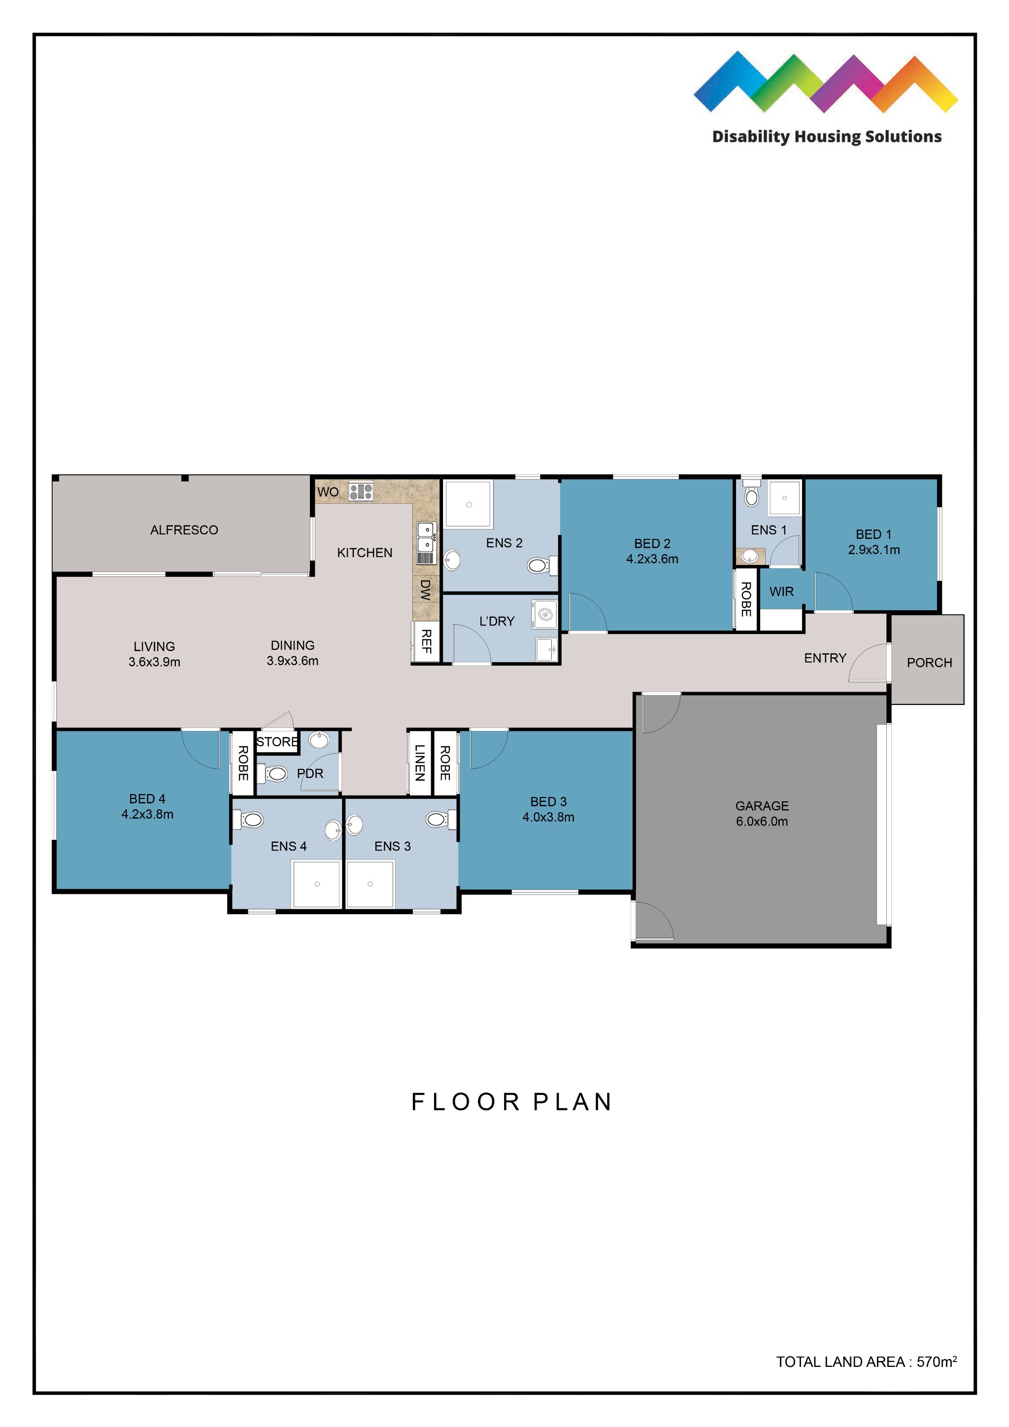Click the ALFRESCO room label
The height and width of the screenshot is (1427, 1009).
point(184,530)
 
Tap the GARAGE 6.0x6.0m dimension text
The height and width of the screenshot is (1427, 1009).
point(762,821)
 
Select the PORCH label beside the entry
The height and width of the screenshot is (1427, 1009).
point(929,663)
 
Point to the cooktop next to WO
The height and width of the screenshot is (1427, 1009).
point(361,492)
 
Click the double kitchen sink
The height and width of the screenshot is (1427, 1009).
point(426,537)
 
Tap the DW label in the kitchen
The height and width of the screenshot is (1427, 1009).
point(425,589)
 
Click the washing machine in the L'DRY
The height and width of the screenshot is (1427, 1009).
point(544,615)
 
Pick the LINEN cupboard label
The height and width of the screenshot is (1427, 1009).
point(420,763)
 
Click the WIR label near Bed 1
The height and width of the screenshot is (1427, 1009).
point(781,592)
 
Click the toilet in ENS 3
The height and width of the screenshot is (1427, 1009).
point(438,820)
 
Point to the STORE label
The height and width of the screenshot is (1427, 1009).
point(277,741)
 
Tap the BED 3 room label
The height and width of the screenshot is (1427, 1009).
point(548,802)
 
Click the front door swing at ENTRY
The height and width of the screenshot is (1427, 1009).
point(869,664)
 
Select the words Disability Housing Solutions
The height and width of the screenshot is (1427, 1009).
point(826,137)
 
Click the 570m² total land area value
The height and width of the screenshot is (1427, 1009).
point(936,1362)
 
